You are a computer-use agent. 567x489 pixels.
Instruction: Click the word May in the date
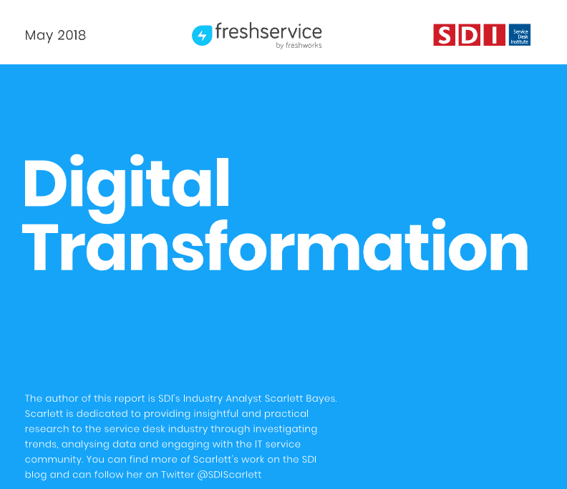[39, 36]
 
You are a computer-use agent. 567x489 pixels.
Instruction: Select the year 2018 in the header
[72, 35]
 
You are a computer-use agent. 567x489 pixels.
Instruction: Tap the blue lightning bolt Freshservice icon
[202, 36]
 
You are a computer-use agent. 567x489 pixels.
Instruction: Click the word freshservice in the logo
[268, 31]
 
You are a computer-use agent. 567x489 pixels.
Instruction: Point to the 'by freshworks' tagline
[299, 45]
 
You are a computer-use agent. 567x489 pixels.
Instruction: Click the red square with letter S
[444, 34]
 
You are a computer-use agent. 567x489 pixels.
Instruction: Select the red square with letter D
[469, 34]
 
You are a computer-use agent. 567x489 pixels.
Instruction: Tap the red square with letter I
[494, 34]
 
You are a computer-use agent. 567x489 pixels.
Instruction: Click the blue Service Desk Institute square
[520, 34]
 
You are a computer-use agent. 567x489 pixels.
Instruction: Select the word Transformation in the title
[275, 246]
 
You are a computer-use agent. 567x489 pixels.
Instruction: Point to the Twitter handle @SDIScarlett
[229, 475]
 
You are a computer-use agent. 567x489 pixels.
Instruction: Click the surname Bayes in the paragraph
[321, 399]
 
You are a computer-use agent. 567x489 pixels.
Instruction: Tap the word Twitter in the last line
[178, 474]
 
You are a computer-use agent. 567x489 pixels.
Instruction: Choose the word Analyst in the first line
[243, 399]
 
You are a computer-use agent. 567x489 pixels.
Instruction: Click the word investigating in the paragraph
[285, 429]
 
